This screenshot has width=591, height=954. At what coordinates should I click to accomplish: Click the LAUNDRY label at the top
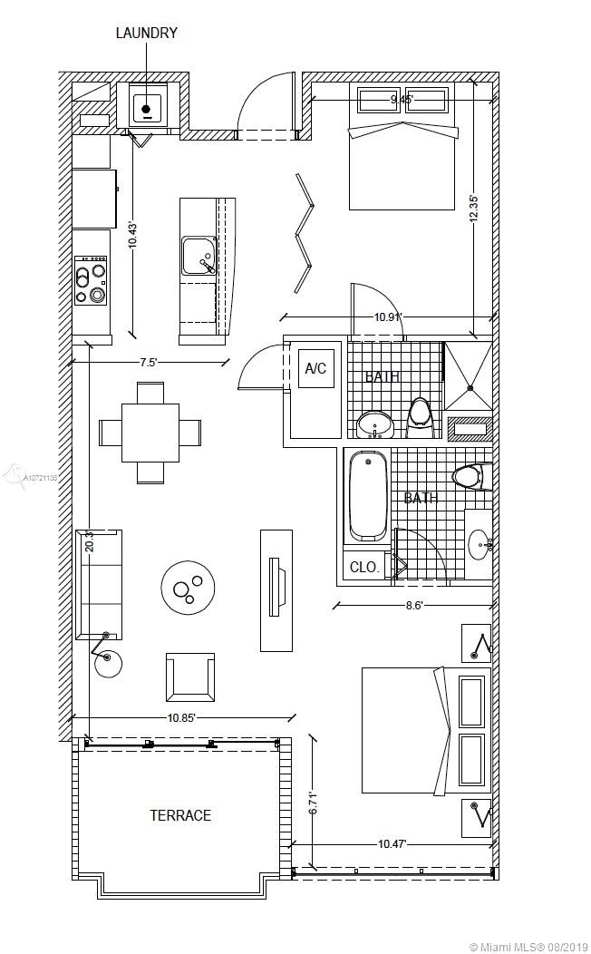(x=146, y=34)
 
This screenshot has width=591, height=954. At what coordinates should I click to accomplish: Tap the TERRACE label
(x=180, y=815)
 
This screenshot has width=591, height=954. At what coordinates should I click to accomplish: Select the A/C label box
(x=315, y=369)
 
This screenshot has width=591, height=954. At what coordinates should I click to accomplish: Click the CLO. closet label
(x=363, y=567)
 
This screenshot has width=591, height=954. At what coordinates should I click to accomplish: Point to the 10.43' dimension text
(x=132, y=236)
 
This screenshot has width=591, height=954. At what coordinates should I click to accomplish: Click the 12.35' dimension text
(x=473, y=209)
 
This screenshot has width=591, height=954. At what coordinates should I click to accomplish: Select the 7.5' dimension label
(x=149, y=362)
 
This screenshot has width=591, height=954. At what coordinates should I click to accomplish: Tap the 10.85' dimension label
(x=183, y=717)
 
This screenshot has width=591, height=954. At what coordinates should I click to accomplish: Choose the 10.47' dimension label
(x=392, y=844)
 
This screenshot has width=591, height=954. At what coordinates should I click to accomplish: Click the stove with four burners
(x=91, y=279)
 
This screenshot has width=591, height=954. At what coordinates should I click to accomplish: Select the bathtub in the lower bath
(x=368, y=496)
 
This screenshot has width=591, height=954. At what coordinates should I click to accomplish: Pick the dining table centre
(x=150, y=432)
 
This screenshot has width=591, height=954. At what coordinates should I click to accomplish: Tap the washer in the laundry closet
(x=146, y=108)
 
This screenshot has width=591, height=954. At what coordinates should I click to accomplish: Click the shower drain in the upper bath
(x=470, y=389)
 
